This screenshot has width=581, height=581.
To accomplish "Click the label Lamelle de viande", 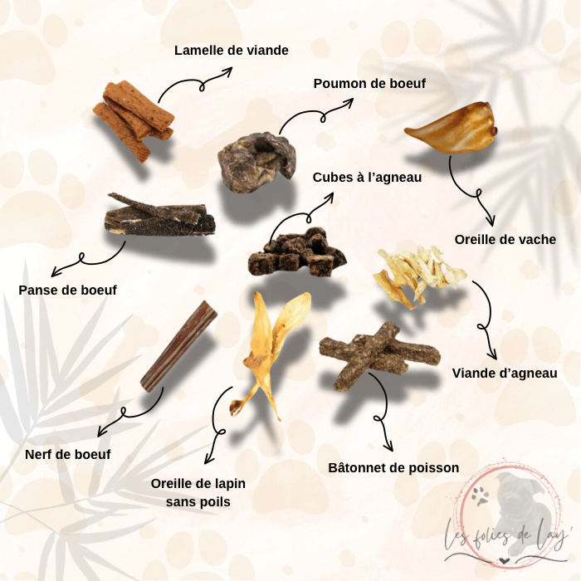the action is [232, 51].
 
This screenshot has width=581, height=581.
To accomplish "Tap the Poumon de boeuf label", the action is [369, 83].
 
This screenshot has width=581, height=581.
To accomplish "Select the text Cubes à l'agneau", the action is [367, 177].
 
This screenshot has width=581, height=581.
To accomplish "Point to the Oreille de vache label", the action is [505, 239].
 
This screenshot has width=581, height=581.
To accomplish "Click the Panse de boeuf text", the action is [68, 290].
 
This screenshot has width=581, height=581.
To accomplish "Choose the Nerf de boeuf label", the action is [68, 454].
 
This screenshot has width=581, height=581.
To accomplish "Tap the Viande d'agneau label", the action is [505, 373].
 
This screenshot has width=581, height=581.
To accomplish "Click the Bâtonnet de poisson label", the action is [393, 467].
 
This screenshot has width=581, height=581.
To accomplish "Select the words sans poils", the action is [198, 501].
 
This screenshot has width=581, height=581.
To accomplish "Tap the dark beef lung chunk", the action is [256, 163].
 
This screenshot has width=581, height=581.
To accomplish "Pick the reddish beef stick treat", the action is [178, 346].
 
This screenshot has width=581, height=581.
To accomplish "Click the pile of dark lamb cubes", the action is [297, 252].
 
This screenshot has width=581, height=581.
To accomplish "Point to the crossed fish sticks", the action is [378, 354].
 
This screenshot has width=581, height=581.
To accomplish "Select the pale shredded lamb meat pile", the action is [419, 274].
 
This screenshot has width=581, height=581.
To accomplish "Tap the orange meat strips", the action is [134, 120].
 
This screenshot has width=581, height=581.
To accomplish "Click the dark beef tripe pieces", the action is [159, 216].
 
